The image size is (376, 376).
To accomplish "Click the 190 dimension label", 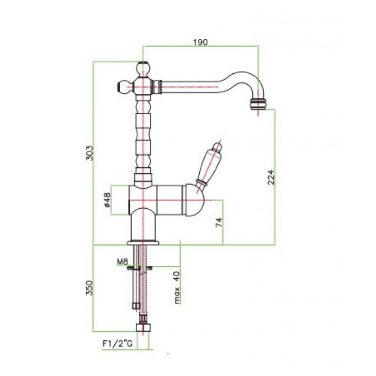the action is coord(200,42).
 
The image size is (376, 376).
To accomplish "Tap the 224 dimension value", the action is coord(271,177).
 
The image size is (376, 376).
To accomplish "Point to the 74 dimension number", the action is coord(219,222).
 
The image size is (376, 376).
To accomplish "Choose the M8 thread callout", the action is coord(123,262).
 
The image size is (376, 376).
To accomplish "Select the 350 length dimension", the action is coord(89,288).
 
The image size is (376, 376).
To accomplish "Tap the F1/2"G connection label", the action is coord(117,344).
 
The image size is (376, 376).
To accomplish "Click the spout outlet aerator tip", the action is coord(258,103).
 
